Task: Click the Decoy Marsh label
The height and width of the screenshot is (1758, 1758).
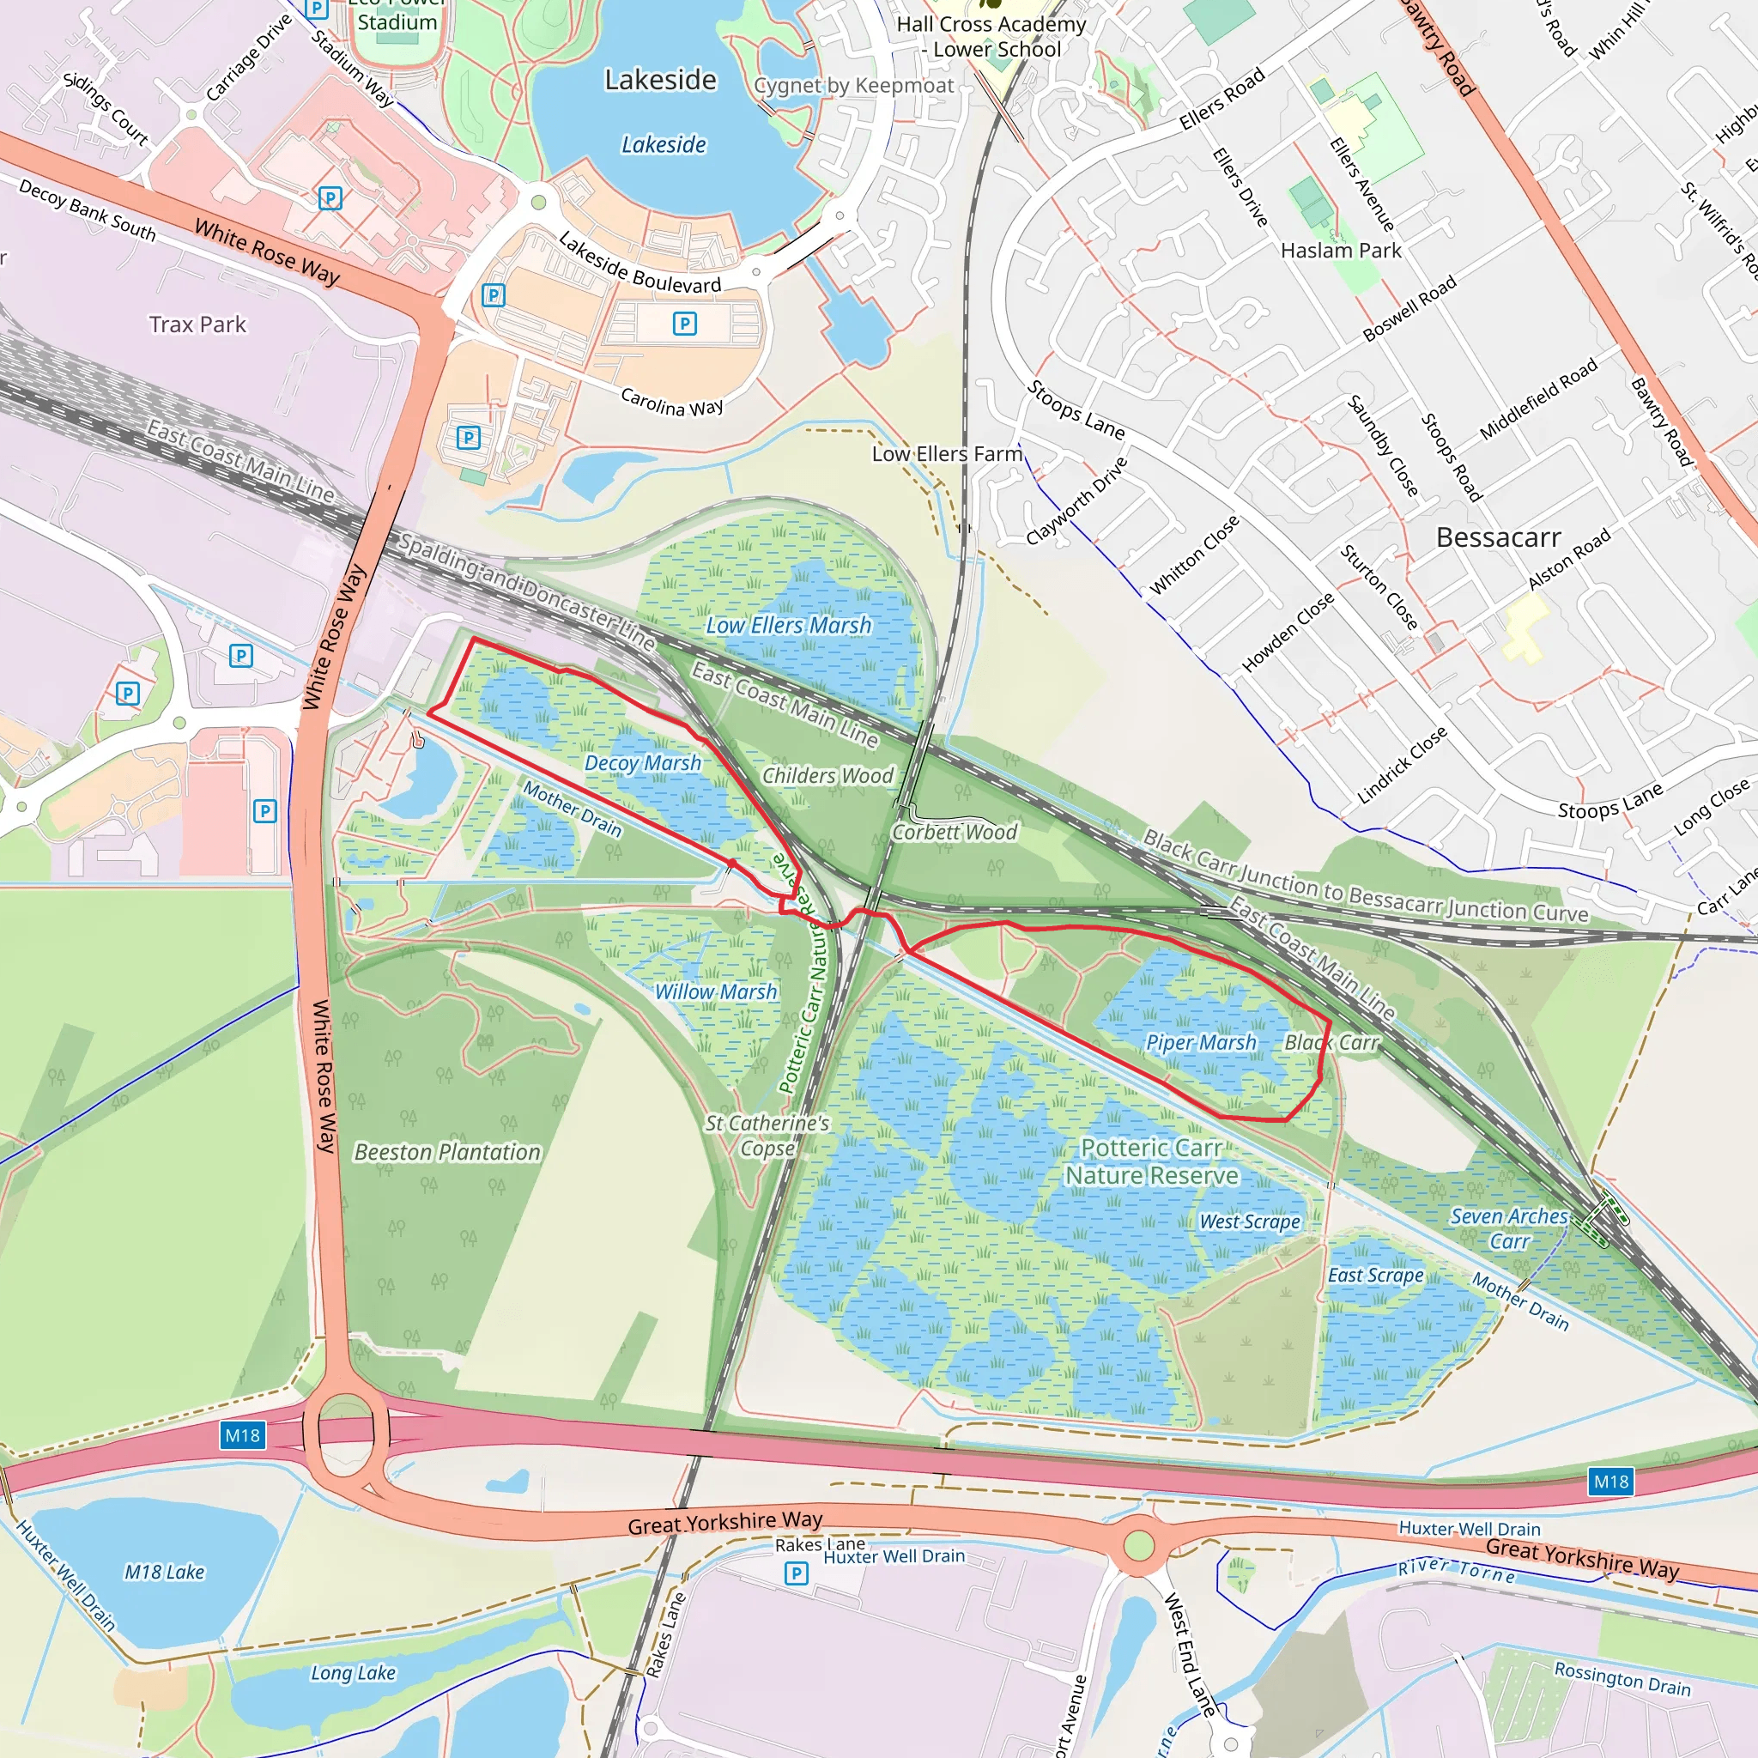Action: point(642,763)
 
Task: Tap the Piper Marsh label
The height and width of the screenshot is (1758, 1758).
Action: point(1200,1043)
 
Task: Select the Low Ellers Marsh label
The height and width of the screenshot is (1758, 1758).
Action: point(788,625)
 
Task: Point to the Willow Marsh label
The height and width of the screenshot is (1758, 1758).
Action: point(716,991)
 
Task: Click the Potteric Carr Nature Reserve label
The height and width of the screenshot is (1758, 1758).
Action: point(1151,1162)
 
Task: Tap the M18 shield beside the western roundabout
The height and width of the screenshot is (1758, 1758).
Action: point(242,1435)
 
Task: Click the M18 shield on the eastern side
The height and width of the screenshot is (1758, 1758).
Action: point(1610,1482)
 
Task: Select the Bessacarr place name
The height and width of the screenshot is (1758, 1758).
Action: point(1498,537)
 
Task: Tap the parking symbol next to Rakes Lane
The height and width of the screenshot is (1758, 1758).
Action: point(797,1573)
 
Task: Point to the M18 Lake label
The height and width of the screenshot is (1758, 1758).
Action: point(164,1572)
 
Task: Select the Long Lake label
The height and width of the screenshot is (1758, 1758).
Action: point(353,1672)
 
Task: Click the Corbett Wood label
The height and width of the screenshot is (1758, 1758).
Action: point(955,832)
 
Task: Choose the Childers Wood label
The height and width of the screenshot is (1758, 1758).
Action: point(827,775)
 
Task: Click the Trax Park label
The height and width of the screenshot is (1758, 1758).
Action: point(197,324)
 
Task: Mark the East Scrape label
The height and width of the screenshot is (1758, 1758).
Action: point(1375,1275)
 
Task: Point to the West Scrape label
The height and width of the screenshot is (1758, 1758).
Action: point(1249,1222)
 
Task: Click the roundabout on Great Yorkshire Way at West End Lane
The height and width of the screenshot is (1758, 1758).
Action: point(1138,1545)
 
